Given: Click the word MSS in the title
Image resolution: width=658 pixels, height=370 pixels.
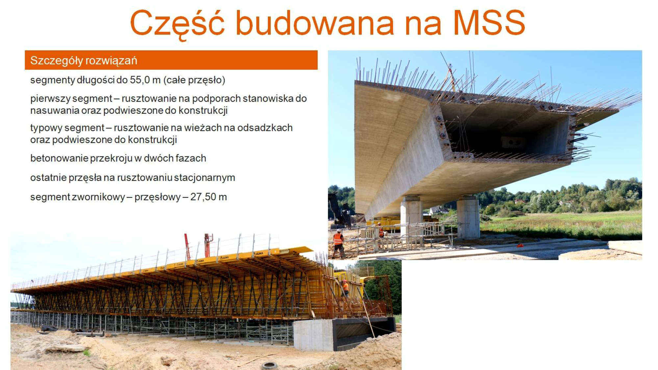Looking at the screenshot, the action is point(489,22).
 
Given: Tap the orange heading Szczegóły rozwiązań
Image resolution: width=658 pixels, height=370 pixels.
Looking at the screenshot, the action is point(84,61).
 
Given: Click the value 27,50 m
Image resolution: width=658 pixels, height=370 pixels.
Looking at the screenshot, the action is point(209,197).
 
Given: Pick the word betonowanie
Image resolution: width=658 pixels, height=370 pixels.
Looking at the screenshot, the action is point(59,158).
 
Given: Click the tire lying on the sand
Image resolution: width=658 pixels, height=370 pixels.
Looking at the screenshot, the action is point(269,365).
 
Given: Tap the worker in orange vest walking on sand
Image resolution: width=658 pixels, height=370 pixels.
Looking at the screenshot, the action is point(338,243).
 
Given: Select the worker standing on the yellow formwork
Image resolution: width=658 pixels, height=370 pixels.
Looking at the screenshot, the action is point(345,288).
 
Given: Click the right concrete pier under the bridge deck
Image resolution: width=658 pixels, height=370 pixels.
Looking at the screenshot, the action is point(468,217).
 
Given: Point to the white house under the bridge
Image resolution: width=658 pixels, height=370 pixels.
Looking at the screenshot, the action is point(438,210).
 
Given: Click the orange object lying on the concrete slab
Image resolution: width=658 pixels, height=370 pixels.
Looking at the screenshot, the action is point(519,245).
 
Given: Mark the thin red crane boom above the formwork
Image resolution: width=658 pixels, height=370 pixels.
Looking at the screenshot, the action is point(187,247).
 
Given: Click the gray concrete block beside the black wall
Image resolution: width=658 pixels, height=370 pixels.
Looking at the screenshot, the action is point(313,334).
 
